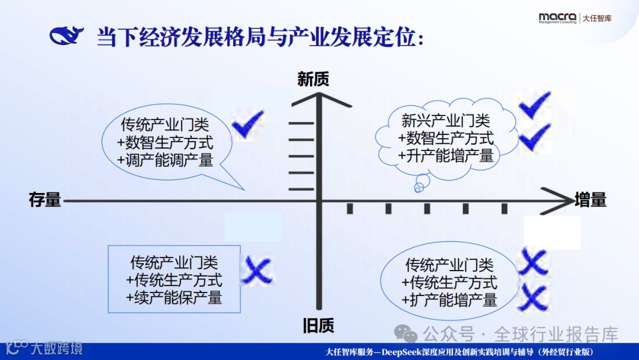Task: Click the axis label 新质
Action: (x=313, y=79)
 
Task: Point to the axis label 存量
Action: (x=45, y=200)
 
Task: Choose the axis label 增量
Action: (x=590, y=200)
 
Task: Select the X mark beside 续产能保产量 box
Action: (x=258, y=271)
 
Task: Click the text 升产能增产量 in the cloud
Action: (x=446, y=156)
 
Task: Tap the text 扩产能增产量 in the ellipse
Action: (x=449, y=300)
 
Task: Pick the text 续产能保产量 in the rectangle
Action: (x=174, y=297)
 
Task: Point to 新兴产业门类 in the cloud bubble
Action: (x=446, y=121)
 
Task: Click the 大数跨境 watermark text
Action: (x=57, y=348)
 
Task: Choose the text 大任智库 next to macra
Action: (x=597, y=18)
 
